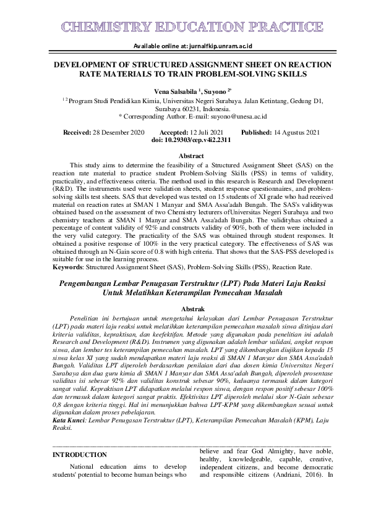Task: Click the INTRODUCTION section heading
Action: (79, 455)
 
